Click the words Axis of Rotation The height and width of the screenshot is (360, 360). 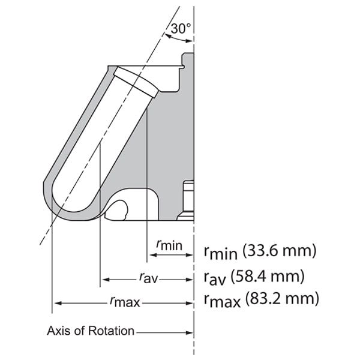[91, 331]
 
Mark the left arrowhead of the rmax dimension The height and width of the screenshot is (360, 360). [56, 302]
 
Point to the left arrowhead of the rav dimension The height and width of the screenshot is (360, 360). [104, 279]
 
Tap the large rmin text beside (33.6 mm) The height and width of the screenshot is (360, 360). [218, 252]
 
